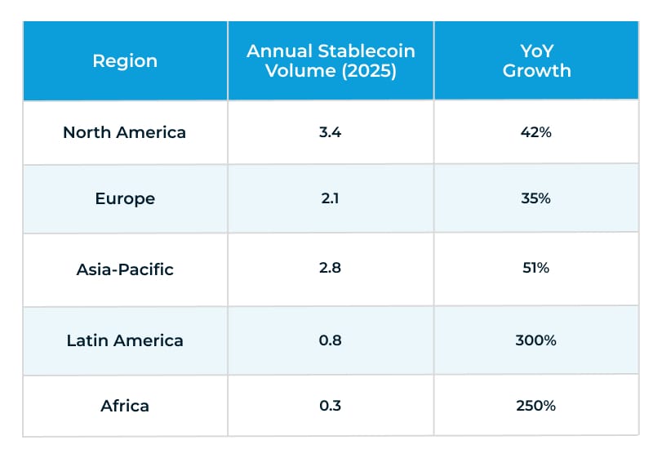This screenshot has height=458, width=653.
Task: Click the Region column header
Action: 125,60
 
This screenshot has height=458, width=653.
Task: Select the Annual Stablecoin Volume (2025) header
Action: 331,60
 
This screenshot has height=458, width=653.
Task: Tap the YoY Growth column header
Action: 536,60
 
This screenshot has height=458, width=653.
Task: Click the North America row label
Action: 125,132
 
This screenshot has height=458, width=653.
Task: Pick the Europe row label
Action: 125,199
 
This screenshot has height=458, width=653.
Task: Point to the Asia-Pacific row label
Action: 125,269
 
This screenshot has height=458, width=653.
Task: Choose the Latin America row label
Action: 125,340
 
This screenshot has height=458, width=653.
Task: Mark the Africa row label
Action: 125,406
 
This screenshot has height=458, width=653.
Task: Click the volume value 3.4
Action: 331,132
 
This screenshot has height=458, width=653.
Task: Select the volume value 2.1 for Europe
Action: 331,199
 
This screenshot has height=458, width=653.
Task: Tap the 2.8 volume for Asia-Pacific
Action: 331,269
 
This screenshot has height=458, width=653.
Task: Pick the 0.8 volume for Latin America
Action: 331,340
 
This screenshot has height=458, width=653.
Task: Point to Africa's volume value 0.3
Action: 331,406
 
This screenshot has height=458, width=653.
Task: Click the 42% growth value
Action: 536,132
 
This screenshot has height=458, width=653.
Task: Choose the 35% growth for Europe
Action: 536,199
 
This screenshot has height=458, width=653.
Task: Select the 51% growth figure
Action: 536,269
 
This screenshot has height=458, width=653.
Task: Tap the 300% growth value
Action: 536,340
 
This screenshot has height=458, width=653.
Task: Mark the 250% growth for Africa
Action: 536,406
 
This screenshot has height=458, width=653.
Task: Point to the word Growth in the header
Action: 536,71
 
